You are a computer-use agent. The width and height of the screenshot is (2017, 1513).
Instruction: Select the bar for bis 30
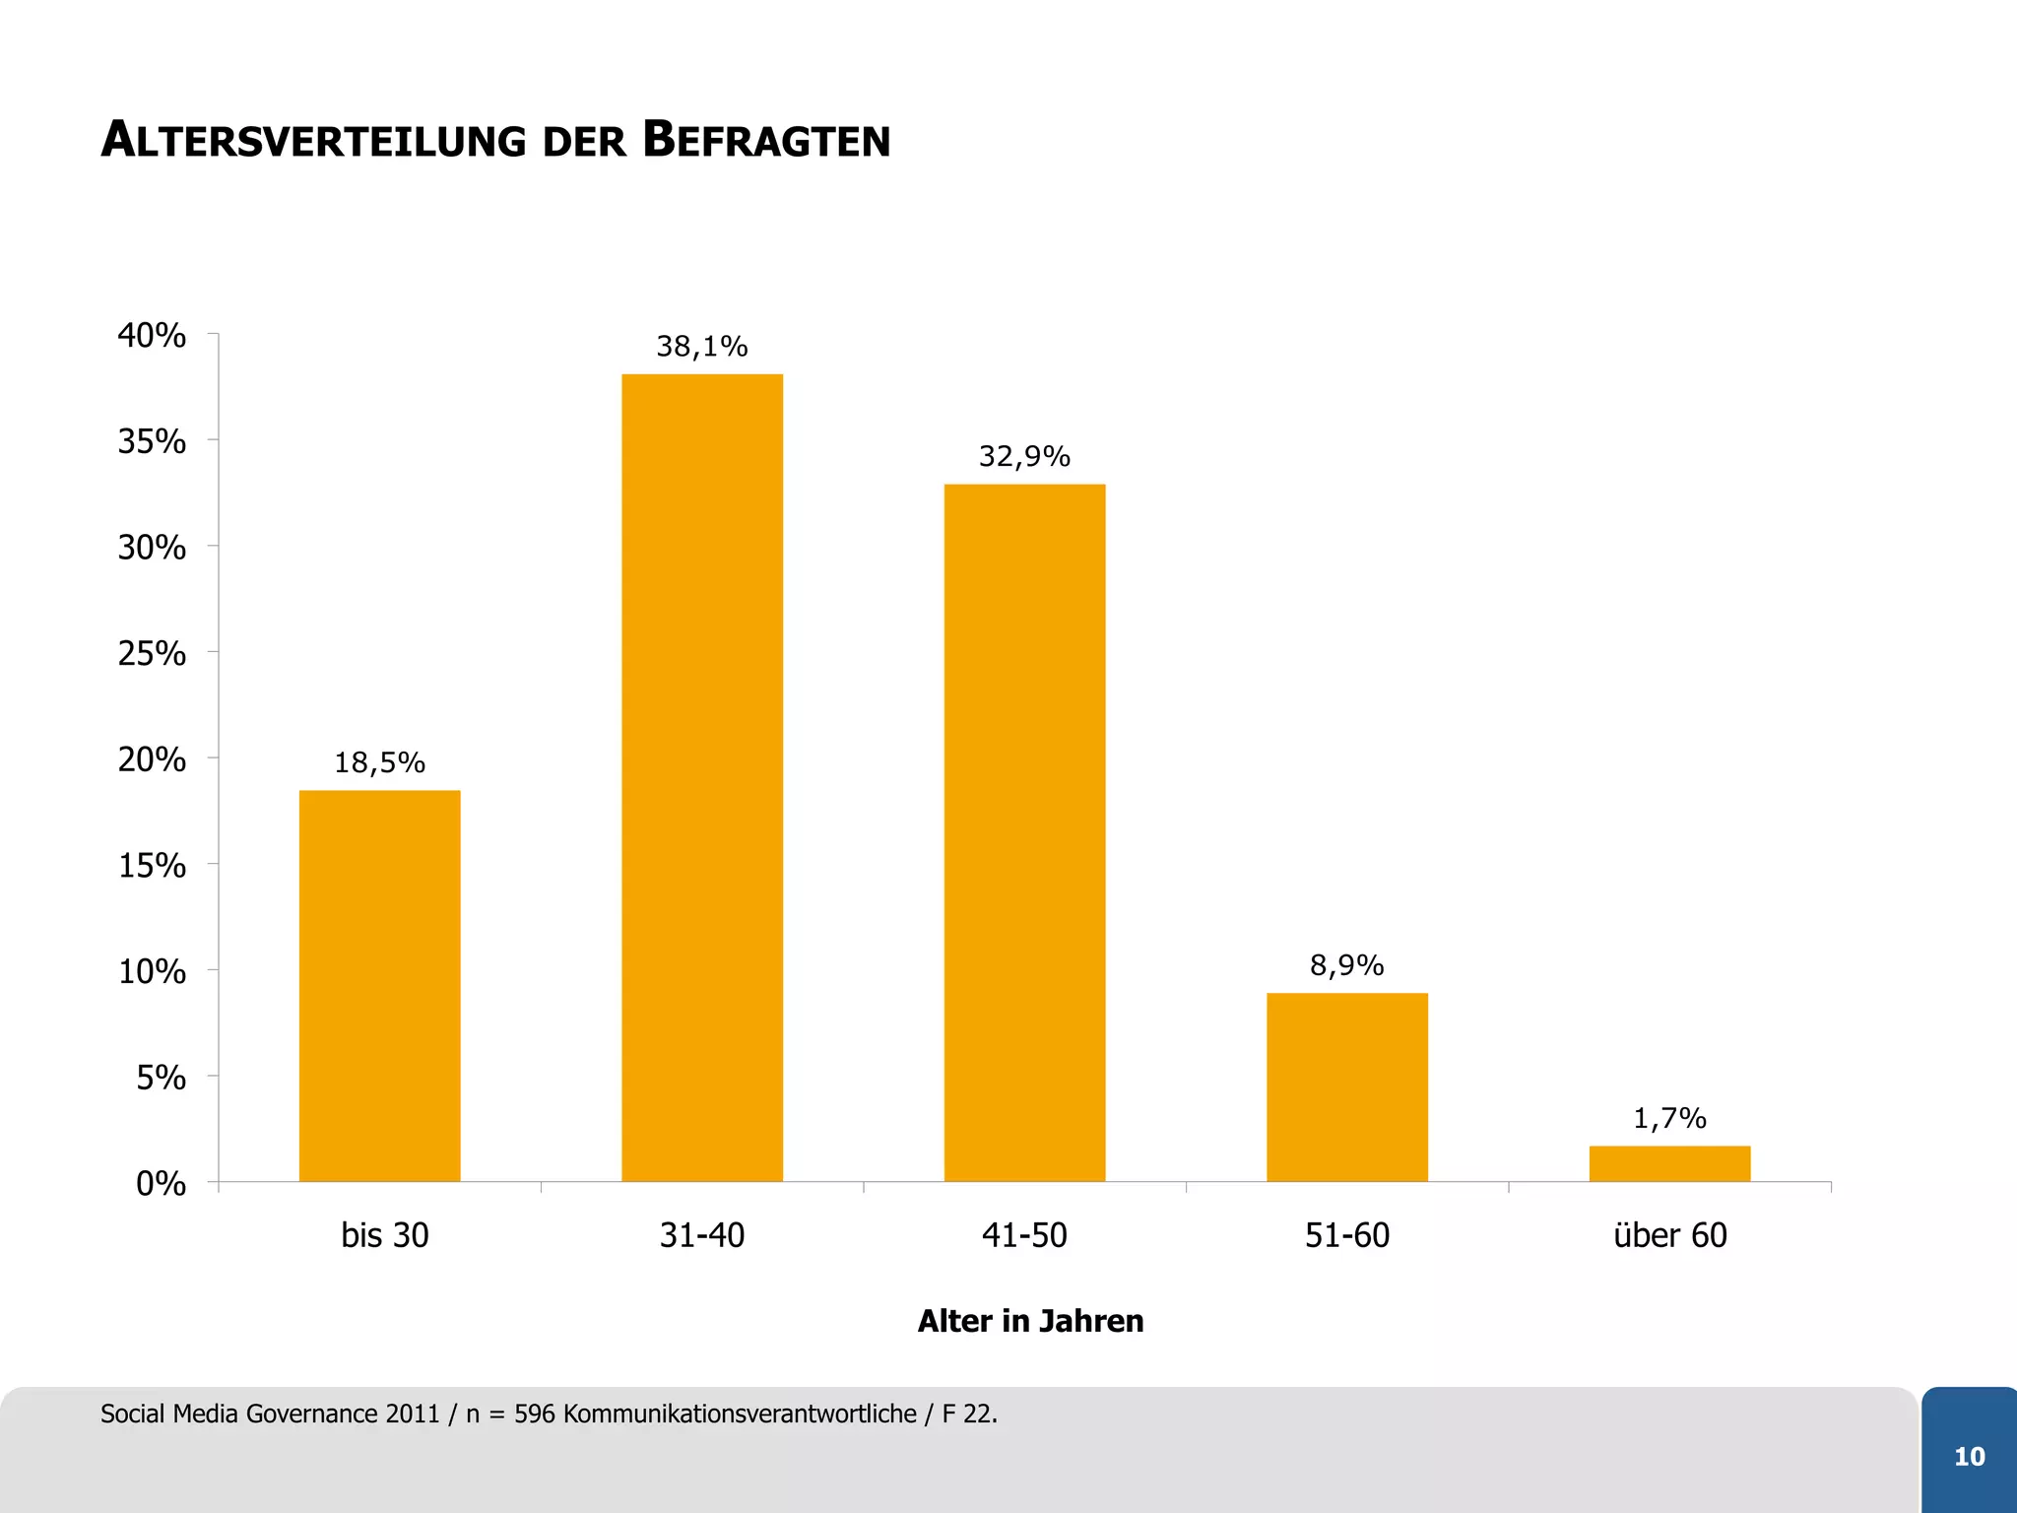tap(379, 985)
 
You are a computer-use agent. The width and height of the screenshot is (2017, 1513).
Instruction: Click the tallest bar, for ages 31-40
tap(701, 778)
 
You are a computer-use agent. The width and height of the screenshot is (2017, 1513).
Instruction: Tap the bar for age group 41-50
tap(1024, 832)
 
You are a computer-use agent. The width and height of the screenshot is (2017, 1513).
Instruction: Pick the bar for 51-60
tap(1346, 1086)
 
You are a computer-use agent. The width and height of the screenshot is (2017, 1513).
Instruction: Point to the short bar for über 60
tap(1669, 1163)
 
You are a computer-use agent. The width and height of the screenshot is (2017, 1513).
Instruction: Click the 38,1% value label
tap(701, 347)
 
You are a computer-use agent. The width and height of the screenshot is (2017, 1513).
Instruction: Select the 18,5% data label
tap(379, 762)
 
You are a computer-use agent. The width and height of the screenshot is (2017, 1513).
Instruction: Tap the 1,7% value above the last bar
tap(1669, 1118)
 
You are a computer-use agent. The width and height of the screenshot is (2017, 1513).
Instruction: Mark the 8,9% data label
tap(1346, 965)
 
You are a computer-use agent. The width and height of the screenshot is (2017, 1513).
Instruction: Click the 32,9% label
tap(1024, 456)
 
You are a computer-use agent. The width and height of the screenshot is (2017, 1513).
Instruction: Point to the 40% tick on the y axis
tap(152, 335)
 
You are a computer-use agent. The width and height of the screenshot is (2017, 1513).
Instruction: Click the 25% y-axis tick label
tap(152, 653)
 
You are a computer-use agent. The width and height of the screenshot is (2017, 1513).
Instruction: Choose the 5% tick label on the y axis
tap(161, 1078)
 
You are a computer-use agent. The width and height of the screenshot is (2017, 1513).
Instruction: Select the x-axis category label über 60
tap(1669, 1235)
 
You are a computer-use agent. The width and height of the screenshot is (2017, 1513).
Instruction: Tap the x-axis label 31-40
tap(701, 1235)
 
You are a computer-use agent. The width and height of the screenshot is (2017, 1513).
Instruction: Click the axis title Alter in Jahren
tap(1030, 1321)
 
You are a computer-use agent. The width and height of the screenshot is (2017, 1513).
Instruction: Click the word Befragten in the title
tap(766, 140)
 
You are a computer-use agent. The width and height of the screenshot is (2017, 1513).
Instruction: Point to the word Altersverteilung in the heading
tap(314, 140)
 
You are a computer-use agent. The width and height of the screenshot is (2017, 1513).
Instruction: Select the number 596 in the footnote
tap(535, 1414)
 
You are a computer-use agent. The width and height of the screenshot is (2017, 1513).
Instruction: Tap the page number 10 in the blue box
tap(1969, 1457)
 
